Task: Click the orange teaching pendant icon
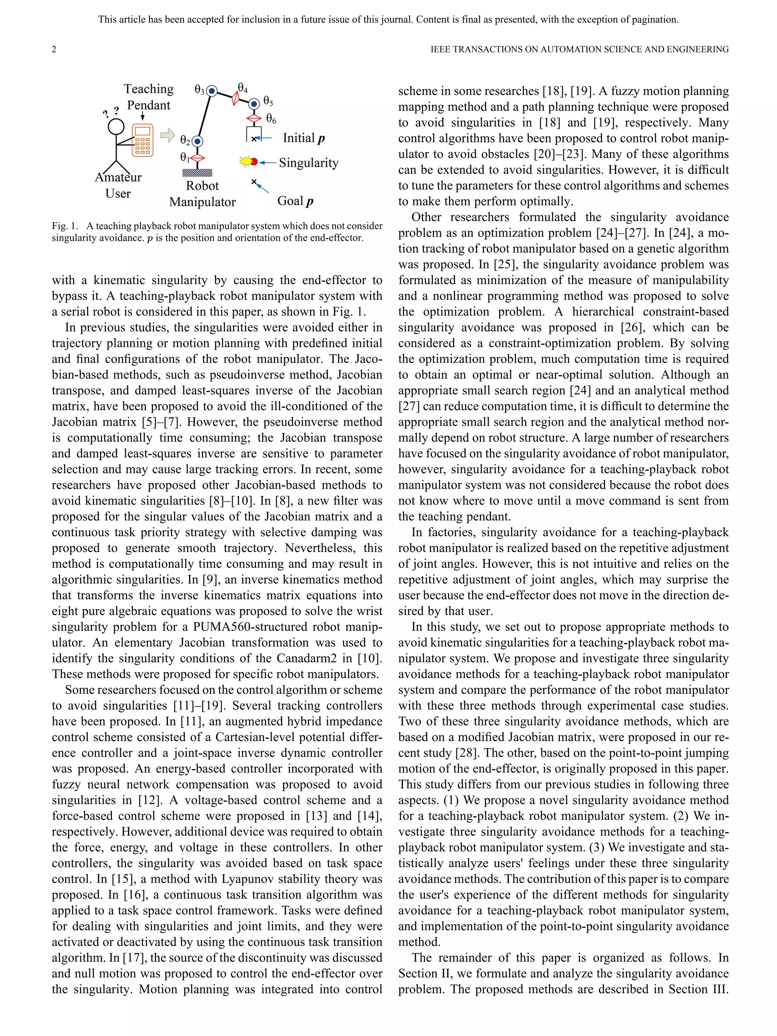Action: (x=143, y=140)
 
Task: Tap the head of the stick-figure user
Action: (x=116, y=126)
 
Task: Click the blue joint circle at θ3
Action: (x=212, y=91)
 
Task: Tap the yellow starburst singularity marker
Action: (x=245, y=162)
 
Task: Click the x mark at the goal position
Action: (x=254, y=182)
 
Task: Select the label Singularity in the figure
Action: (x=308, y=162)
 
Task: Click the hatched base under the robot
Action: (x=197, y=173)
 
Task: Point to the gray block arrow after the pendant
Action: (x=167, y=136)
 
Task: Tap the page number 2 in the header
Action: (x=54, y=49)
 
